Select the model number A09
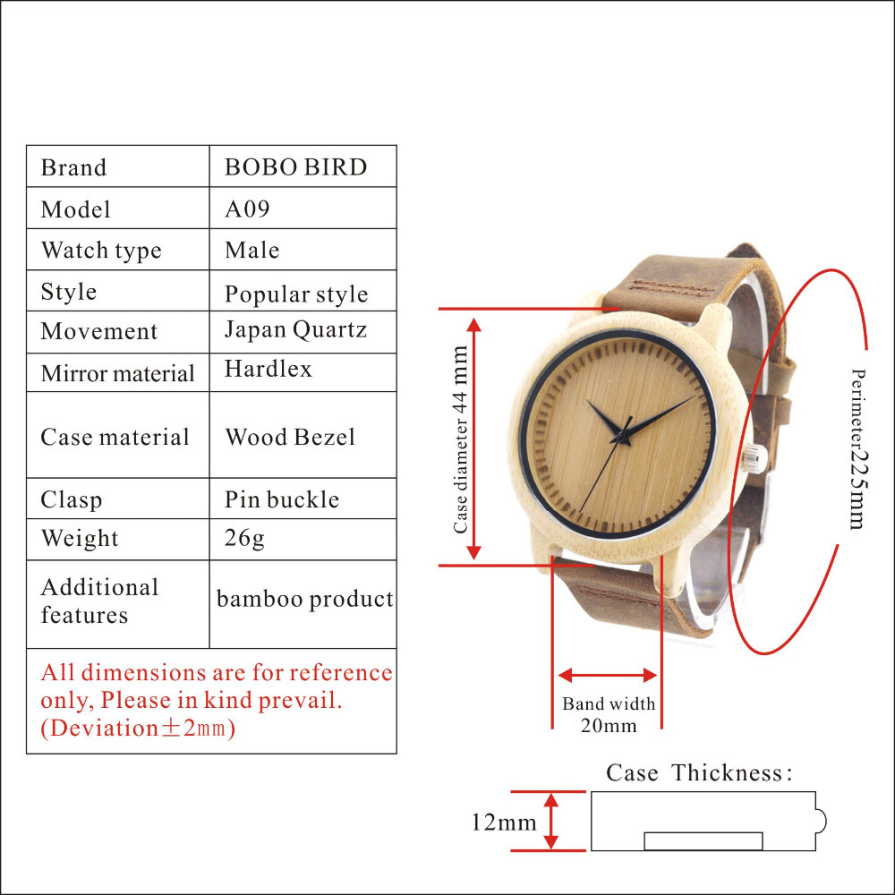tap(247, 209)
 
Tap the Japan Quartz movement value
tap(295, 330)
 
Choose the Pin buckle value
tap(282, 499)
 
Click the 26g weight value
tap(244, 538)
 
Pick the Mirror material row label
tap(117, 373)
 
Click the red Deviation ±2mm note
tap(138, 728)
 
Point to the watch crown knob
tap(754, 458)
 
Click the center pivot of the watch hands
tap(620, 438)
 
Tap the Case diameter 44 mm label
tap(460, 440)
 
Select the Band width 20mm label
tap(609, 714)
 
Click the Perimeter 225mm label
tap(858, 448)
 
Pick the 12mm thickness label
tap(503, 823)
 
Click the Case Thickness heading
tap(699, 773)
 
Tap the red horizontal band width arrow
tap(608, 676)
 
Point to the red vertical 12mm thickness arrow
tap(550, 822)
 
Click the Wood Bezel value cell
tap(290, 438)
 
